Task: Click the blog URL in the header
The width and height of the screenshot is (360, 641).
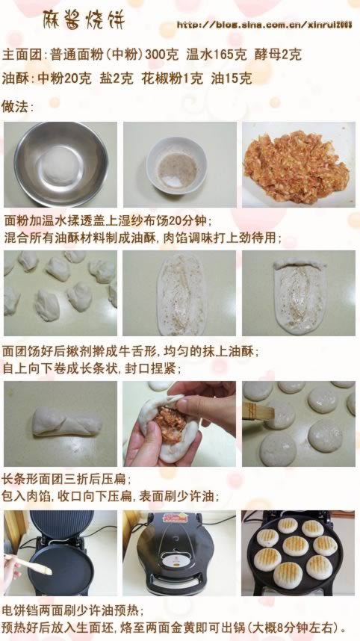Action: click(x=264, y=25)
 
